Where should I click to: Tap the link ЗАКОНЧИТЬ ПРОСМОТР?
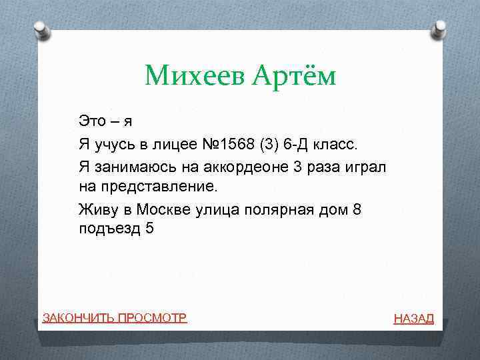coord(114,317)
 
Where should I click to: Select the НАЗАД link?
coord(413,319)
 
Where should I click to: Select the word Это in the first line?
coord(92,121)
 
